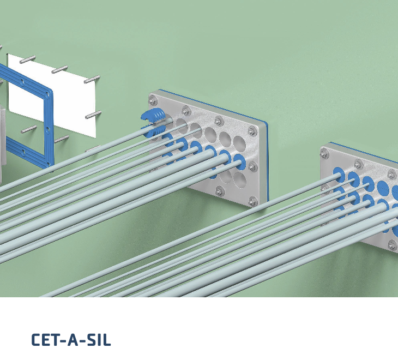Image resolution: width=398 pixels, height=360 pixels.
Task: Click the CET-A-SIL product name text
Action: click(71, 340)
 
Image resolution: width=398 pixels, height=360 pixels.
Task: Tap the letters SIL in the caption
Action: click(98, 340)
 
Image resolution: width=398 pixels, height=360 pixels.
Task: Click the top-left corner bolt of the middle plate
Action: click(153, 100)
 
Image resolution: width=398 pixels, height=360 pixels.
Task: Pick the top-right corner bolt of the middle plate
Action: click(252, 130)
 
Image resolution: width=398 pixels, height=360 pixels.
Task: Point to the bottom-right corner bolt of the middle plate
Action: click(252, 202)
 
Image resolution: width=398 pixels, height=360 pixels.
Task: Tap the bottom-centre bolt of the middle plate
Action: click(219, 190)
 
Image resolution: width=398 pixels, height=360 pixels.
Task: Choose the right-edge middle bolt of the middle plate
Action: click(252, 166)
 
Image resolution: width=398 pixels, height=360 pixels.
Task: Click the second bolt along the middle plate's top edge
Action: click(186, 111)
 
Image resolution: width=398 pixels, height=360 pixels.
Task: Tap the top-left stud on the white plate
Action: click(30, 59)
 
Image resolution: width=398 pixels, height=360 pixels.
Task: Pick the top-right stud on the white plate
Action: click(92, 79)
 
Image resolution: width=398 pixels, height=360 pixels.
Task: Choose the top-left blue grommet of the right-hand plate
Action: click(339, 174)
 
